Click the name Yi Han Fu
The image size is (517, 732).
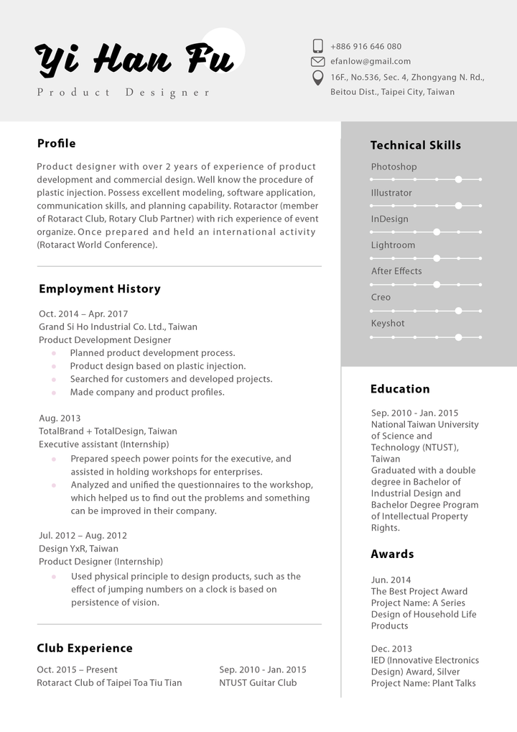[135, 59]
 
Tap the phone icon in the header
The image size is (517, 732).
[317, 46]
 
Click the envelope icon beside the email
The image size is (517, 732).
[317, 62]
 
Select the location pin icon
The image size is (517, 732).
[317, 78]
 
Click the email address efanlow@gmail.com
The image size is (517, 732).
[371, 62]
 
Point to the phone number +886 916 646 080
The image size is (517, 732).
[365, 46]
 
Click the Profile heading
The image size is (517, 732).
[56, 143]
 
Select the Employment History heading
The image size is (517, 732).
[100, 289]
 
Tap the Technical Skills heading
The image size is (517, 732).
[416, 145]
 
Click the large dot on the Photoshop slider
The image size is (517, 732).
[458, 179]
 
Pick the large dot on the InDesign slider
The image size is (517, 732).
[437, 232]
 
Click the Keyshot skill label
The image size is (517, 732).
[388, 324]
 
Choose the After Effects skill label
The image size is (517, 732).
[396, 271]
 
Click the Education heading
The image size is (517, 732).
[400, 389]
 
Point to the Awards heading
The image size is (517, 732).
[392, 554]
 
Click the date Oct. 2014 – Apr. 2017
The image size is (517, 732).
[83, 314]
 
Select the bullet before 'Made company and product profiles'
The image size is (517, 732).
[54, 393]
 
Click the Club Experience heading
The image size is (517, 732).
[85, 649]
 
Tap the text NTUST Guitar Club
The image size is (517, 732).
[258, 682]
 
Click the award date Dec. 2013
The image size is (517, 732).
[391, 649]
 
